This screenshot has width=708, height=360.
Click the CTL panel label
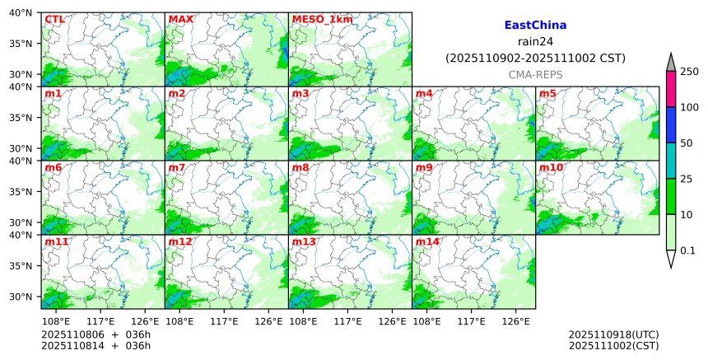coord(54,19)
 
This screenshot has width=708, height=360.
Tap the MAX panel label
coord(179,19)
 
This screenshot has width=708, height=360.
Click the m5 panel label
coord(547,93)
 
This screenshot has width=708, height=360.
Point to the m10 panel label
coord(551,167)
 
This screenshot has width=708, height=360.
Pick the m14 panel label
coord(426,241)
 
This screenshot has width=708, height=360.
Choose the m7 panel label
coord(177,167)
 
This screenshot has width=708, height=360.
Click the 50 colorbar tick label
coord(686,143)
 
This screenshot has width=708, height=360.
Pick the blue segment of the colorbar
coord(671,125)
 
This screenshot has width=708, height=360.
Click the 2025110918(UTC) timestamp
coord(613,334)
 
